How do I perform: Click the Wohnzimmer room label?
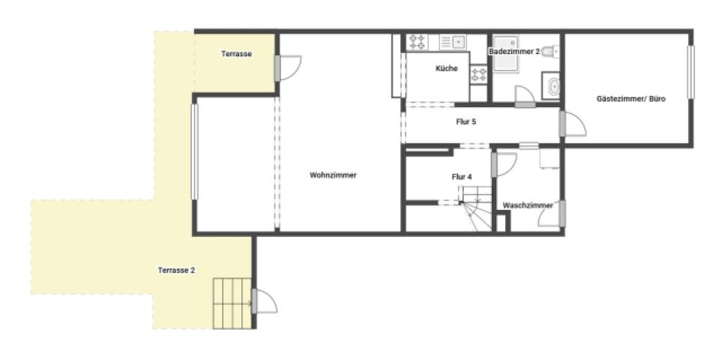(x=334, y=175)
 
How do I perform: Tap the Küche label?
(x=447, y=68)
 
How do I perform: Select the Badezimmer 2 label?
(x=514, y=52)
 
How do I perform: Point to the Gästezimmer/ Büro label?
(x=631, y=98)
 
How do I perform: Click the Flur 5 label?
(x=466, y=122)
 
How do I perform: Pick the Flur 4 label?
(x=461, y=176)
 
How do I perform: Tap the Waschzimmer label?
(x=528, y=205)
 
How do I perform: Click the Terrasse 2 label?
(x=176, y=270)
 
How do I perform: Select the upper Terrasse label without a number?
(x=236, y=54)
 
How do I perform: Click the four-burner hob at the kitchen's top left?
(x=418, y=42)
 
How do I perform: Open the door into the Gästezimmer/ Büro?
(x=573, y=124)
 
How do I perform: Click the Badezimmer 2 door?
(x=525, y=97)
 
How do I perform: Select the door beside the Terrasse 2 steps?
(x=265, y=301)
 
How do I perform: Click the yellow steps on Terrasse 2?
(x=232, y=304)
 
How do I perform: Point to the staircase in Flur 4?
(x=476, y=208)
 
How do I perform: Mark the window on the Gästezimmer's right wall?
(x=691, y=72)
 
